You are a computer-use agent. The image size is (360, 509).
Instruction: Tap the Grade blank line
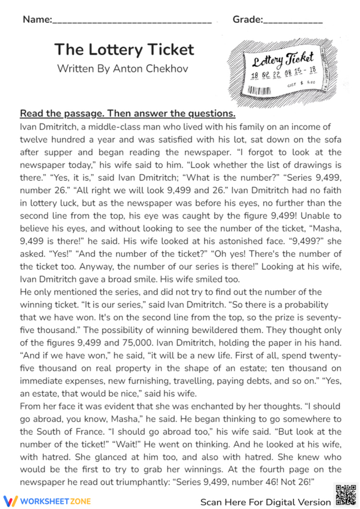(x=293, y=22)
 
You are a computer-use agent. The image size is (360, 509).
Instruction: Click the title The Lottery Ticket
(x=124, y=49)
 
